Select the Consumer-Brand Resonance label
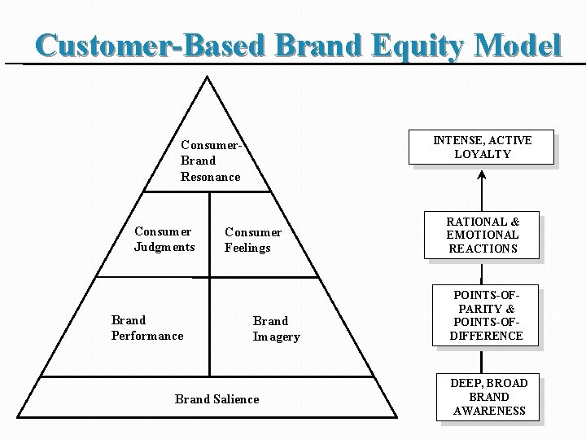click(x=211, y=161)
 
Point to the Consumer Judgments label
click(x=164, y=239)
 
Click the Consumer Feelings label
click(x=253, y=240)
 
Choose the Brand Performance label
click(x=147, y=328)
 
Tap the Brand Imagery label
click(x=276, y=328)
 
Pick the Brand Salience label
click(x=217, y=398)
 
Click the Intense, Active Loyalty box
click(x=483, y=147)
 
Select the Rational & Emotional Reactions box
click(x=483, y=235)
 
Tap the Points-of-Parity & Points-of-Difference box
click(x=487, y=315)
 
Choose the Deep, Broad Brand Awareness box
click(x=489, y=397)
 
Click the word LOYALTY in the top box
click(x=483, y=154)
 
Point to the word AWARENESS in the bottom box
click(x=489, y=411)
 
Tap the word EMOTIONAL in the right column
click(x=483, y=235)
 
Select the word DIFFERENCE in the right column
click(x=487, y=336)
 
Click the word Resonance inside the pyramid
click(x=211, y=177)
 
